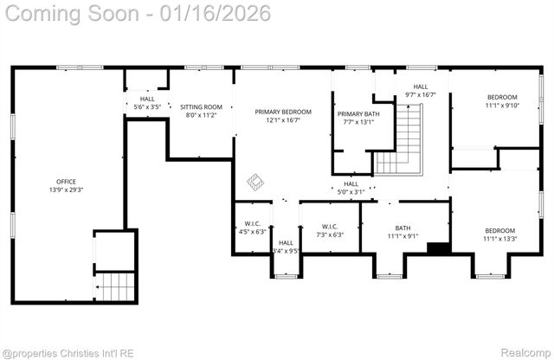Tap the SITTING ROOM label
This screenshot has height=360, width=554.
[x=201, y=110]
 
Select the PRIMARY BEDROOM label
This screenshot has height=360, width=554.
[x=282, y=116]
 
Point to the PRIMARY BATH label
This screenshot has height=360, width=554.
[x=358, y=118]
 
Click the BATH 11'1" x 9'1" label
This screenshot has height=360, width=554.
[x=403, y=231]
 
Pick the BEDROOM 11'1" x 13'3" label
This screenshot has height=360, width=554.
[x=499, y=235]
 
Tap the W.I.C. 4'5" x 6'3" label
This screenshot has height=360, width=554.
[x=253, y=228]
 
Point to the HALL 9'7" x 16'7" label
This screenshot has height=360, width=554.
[x=420, y=91]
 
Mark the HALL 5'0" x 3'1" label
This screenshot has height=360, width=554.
[x=351, y=188]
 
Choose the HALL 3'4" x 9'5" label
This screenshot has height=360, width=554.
[x=286, y=247]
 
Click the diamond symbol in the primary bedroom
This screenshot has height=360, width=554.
[x=255, y=182]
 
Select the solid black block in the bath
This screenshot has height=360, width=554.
[x=439, y=248]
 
